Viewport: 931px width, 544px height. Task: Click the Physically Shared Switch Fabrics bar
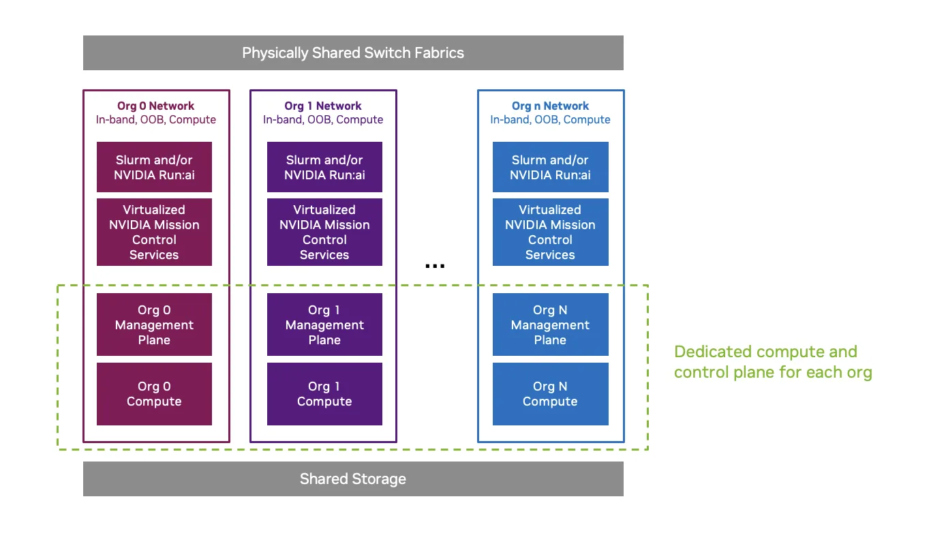point(353,53)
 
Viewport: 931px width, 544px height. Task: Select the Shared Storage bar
point(353,479)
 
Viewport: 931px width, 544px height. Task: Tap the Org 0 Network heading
point(155,106)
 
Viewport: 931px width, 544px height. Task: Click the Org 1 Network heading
point(323,106)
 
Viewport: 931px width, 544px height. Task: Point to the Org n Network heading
point(550,106)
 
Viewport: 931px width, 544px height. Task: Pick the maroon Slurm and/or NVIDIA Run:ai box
point(154,167)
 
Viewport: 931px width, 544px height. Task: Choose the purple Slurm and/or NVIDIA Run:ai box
point(324,167)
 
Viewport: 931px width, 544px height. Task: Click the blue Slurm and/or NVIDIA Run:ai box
point(550,167)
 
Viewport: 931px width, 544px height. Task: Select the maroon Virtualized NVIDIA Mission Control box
point(154,232)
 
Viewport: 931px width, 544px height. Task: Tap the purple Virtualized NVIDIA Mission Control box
point(324,232)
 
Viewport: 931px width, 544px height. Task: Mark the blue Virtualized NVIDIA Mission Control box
point(550,232)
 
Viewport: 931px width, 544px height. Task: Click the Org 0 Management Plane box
point(154,324)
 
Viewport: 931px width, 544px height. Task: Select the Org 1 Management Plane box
point(324,324)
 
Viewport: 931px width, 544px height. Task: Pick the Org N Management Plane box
point(550,324)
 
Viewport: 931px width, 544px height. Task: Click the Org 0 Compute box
point(154,394)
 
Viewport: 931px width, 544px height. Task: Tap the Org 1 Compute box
point(324,394)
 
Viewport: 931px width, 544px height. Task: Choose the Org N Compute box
point(550,394)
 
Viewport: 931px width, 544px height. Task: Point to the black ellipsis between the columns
point(435,266)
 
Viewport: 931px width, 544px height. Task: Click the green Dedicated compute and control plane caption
point(773,362)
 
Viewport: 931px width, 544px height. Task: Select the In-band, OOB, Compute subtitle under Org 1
point(323,120)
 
